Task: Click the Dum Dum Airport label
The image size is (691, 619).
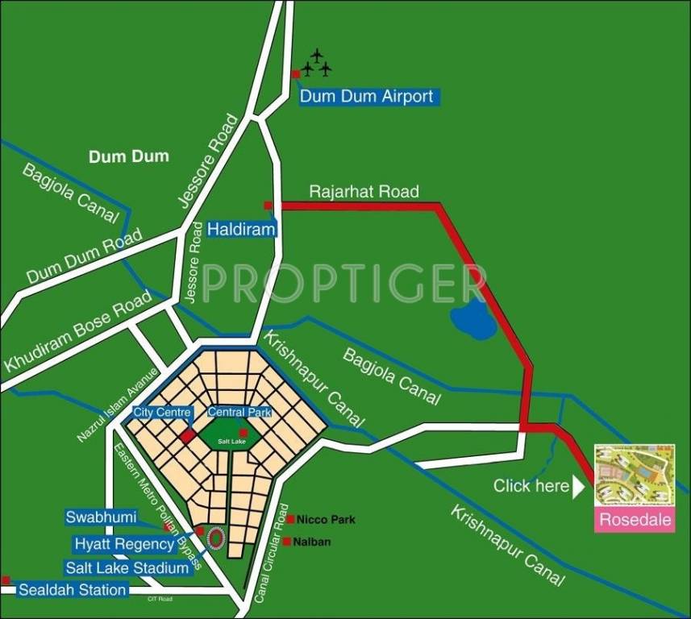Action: [367, 97]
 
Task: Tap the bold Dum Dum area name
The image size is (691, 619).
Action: [129, 156]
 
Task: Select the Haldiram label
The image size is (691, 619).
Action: [241, 230]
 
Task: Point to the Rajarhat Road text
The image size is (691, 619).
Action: [364, 192]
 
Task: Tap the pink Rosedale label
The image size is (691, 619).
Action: [635, 520]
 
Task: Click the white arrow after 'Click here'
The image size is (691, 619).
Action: [577, 486]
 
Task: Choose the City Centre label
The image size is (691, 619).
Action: [162, 413]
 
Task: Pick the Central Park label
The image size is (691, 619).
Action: [239, 413]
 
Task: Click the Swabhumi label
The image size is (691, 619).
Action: [102, 517]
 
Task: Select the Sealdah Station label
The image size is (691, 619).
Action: [73, 590]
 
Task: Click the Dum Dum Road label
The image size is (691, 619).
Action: [84, 255]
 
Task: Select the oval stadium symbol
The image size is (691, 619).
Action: [215, 538]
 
